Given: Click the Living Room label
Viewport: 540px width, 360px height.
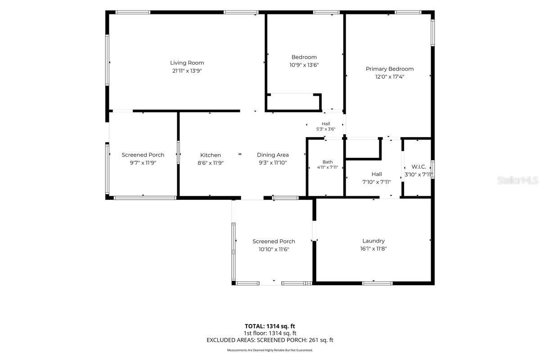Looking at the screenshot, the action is point(187,63).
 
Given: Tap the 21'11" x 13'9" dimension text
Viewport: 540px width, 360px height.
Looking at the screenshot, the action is point(187,71).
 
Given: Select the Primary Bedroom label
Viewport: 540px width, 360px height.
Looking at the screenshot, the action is point(390,69).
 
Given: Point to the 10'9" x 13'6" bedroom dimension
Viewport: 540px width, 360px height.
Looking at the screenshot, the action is point(304,65).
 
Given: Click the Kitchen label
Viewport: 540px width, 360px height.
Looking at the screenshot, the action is point(211,155).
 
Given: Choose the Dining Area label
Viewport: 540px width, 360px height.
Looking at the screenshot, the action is point(273,155).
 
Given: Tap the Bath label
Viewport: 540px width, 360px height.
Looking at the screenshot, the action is point(328,162).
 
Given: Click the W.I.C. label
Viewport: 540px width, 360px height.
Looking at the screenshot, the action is point(419,166).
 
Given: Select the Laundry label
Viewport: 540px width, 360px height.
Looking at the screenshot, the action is point(373,241).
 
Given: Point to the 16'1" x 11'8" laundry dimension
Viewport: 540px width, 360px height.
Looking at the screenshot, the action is point(373,248).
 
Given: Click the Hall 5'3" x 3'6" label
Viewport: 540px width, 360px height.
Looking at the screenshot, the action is point(326,126).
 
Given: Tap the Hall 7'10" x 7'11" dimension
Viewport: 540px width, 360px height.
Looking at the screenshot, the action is point(376,182).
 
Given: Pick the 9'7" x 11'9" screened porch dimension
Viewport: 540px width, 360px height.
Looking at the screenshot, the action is point(143,163).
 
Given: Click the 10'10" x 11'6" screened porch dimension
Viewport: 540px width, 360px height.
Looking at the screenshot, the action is point(274,249).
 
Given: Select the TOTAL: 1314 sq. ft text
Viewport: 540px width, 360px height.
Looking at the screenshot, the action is point(270,326).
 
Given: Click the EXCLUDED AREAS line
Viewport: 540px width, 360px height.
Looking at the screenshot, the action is point(270,340).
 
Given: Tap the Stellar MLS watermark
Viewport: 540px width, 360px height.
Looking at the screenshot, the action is point(517,180).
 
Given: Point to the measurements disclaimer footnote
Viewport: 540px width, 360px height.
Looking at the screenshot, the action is point(270,350).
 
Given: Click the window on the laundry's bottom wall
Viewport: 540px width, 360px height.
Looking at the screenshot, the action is point(377,283).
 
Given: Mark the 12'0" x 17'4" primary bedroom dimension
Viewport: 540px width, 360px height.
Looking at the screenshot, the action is point(390,76).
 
